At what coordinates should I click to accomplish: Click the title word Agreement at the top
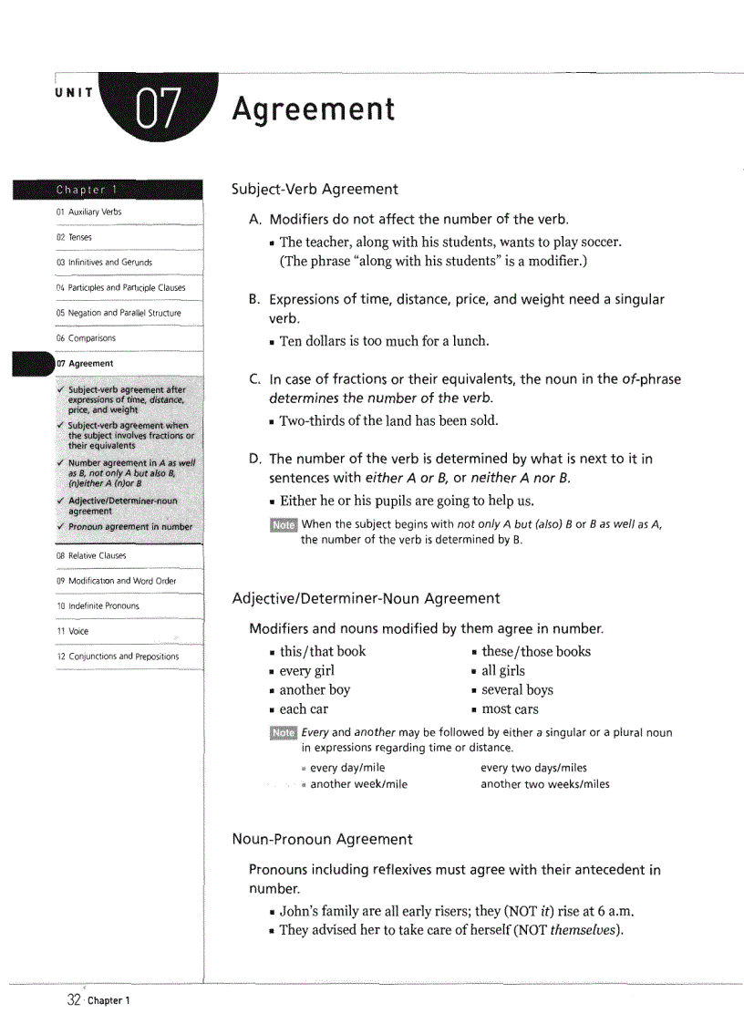313,109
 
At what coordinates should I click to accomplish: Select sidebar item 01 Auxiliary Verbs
88,212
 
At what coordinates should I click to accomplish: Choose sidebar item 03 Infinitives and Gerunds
104,263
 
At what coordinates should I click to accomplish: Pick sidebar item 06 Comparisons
86,338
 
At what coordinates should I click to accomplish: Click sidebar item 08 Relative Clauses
91,555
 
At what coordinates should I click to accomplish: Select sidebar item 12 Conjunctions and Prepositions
118,657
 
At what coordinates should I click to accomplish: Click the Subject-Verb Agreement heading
315,190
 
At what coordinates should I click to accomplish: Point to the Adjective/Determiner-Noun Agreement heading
366,598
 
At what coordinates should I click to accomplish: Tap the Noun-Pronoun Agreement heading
322,839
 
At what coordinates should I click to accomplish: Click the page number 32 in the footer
74,1000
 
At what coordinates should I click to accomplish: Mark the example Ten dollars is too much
384,341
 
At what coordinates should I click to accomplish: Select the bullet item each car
304,709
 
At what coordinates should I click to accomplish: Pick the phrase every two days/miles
533,768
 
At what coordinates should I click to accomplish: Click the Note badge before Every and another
284,733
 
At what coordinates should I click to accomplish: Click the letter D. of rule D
255,459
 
